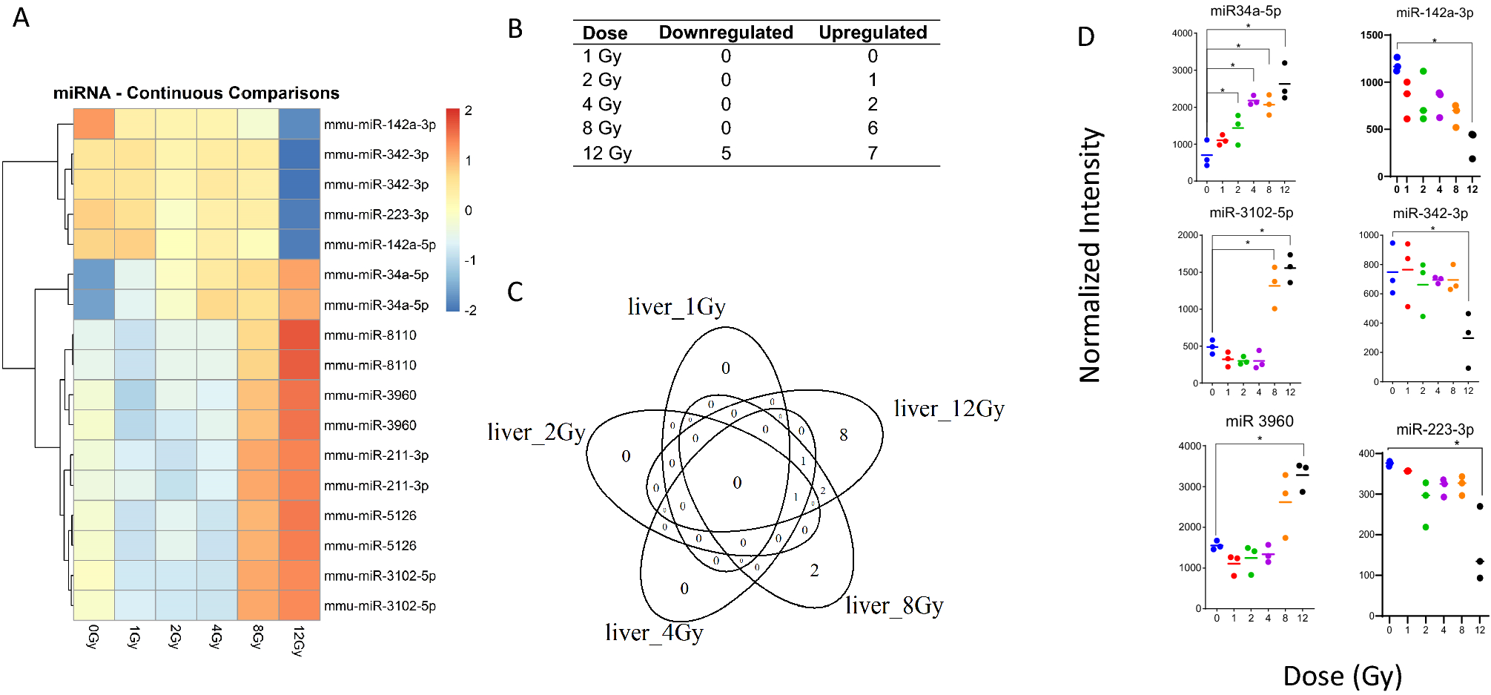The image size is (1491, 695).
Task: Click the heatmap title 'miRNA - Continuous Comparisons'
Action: pyautogui.click(x=196, y=93)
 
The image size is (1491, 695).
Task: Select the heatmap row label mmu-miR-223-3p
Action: pyautogui.click(x=376, y=214)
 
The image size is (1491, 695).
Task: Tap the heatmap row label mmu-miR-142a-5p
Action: pyautogui.click(x=380, y=245)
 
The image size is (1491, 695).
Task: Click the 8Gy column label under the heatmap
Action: pyautogui.click(x=257, y=637)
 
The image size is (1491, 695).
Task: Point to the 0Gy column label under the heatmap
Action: pyautogui.click(x=93, y=637)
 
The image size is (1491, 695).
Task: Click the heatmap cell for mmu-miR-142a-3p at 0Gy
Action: pyautogui.click(x=94, y=124)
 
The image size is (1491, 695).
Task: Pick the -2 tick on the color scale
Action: pyautogui.click(x=469, y=310)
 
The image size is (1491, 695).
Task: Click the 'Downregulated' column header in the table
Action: pyautogui.click(x=725, y=33)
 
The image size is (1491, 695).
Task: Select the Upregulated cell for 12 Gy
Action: pyautogui.click(x=873, y=154)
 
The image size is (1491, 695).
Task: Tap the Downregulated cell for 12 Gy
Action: pyautogui.click(x=726, y=154)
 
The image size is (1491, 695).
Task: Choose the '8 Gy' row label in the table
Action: pyautogui.click(x=601, y=128)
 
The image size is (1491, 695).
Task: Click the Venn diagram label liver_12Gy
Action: pyautogui.click(x=949, y=409)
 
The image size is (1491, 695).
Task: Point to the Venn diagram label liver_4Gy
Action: pyautogui.click(x=654, y=633)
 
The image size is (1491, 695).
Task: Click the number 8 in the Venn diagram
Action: pyautogui.click(x=844, y=435)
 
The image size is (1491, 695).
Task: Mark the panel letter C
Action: pyautogui.click(x=515, y=291)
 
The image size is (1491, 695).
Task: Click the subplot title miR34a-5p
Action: pyautogui.click(x=1246, y=11)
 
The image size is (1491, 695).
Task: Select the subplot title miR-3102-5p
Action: pyautogui.click(x=1252, y=213)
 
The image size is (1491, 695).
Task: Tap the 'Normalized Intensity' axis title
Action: pyautogui.click(x=1090, y=256)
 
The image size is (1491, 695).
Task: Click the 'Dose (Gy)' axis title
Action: pyautogui.click(x=1342, y=676)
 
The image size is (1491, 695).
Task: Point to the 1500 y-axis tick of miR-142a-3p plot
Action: pyautogui.click(x=1372, y=35)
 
